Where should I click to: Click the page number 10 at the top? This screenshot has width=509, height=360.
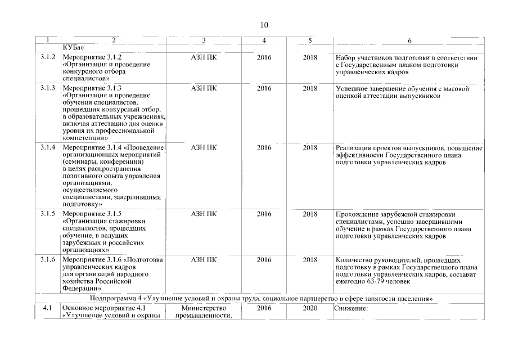pos(265,25)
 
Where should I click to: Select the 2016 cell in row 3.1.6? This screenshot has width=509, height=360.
pos(264,260)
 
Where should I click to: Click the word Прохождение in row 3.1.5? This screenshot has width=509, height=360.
pos(356,214)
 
